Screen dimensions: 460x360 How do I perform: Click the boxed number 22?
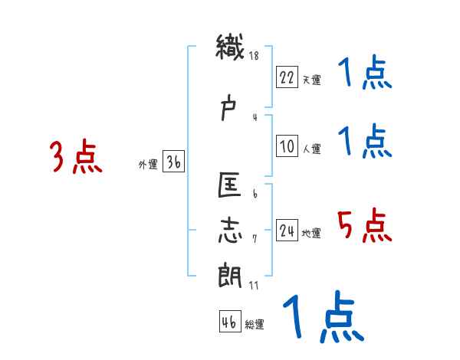click(287, 77)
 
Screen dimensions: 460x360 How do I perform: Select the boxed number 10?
click(287, 147)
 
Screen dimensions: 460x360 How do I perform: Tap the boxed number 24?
click(287, 231)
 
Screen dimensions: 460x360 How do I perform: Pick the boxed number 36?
click(173, 162)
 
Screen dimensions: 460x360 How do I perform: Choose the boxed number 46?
click(228, 322)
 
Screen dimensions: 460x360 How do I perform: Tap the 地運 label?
click(311, 233)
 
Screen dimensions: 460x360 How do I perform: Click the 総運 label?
click(255, 324)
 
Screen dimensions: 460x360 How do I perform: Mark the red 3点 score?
click(75, 158)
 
